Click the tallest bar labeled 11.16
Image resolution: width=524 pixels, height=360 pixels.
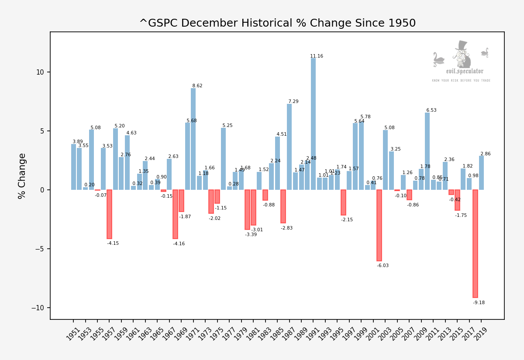(313, 124)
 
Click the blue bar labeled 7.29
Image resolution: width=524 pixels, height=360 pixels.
(289, 147)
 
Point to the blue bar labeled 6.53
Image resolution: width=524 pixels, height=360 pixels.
(427, 151)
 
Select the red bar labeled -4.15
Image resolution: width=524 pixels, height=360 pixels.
(109, 214)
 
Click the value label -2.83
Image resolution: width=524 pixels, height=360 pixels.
(286, 228)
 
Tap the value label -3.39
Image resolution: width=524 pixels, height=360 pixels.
(251, 235)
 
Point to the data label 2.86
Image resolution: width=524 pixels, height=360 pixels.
(486, 154)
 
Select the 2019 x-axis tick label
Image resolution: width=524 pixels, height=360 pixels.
(480, 336)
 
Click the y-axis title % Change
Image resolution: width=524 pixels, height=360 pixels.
(22, 176)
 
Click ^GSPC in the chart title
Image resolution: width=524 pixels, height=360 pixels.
(156, 23)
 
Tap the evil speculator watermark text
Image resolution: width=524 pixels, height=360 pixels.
(465, 71)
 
